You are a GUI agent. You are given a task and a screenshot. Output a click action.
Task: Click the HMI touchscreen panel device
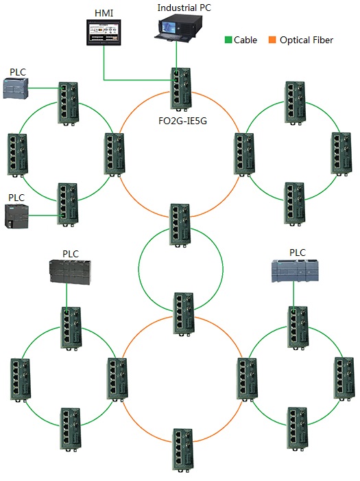point(104,32)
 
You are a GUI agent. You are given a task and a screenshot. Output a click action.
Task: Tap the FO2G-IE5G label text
point(183,121)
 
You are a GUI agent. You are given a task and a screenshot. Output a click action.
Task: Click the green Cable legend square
point(228,40)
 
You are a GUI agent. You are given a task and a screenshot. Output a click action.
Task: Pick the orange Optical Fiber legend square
point(272,40)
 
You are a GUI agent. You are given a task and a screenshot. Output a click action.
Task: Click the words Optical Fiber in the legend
point(307,40)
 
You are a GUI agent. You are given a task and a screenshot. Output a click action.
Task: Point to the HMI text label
point(104,13)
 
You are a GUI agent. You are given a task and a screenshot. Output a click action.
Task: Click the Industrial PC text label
point(184,8)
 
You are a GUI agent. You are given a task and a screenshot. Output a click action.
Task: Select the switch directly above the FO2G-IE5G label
point(181,89)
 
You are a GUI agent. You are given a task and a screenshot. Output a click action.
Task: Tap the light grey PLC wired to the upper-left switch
point(16,89)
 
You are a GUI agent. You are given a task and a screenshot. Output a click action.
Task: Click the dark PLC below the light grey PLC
point(17,216)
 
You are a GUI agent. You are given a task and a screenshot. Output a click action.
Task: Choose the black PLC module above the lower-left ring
point(70,272)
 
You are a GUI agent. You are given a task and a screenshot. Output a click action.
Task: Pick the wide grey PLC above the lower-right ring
point(295,270)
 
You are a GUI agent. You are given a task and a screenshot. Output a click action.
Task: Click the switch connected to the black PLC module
point(71,328)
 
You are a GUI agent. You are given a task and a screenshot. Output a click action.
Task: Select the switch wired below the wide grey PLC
point(298,327)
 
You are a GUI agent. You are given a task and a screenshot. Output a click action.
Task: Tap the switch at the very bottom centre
point(183,450)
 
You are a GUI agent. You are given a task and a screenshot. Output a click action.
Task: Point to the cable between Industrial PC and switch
point(176,56)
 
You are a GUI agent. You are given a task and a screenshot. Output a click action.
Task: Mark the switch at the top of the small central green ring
point(181,225)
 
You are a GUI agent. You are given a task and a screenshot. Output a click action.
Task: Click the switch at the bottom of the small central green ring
point(184,314)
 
